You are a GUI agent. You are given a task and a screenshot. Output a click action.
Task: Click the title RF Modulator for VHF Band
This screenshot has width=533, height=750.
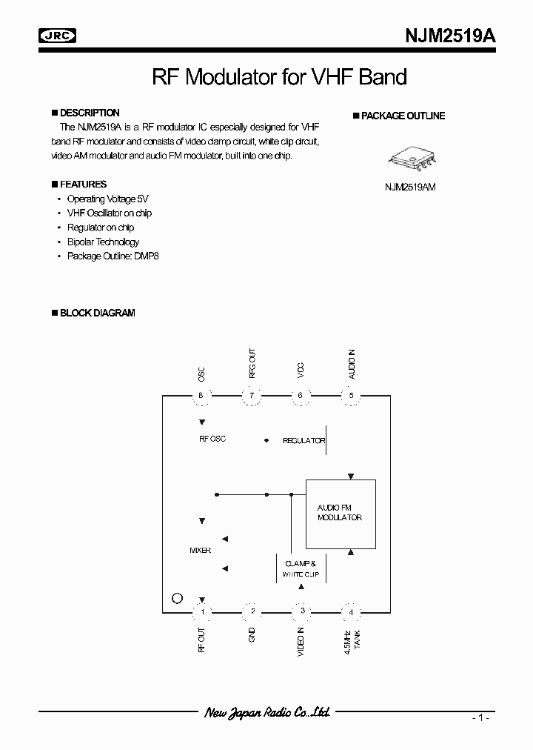tap(279, 76)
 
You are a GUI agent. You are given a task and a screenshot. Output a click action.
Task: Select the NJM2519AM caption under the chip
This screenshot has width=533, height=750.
tap(409, 187)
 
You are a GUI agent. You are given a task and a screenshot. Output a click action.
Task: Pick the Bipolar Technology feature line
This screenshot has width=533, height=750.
tap(103, 242)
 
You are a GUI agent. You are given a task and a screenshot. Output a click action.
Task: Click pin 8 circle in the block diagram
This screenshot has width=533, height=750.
tap(201, 396)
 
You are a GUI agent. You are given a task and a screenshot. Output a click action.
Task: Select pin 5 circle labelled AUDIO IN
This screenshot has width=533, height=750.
tap(352, 396)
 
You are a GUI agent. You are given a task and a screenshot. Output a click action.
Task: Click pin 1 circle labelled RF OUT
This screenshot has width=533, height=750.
tap(201, 611)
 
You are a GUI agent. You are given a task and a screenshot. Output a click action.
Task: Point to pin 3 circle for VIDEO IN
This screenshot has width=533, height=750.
tap(302, 611)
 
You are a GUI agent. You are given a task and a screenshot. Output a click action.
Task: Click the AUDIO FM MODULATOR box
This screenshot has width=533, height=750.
tap(341, 513)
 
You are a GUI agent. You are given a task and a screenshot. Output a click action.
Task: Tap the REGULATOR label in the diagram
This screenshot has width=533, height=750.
tap(304, 441)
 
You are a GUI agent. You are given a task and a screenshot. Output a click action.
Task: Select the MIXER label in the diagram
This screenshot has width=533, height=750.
tap(201, 551)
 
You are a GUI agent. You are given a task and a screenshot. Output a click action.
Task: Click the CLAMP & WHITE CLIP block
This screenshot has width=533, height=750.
tap(301, 568)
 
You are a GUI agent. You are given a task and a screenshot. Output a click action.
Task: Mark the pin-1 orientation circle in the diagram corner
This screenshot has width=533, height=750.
tap(176, 598)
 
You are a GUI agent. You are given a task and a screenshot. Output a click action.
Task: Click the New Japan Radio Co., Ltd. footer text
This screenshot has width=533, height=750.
tap(266, 712)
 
